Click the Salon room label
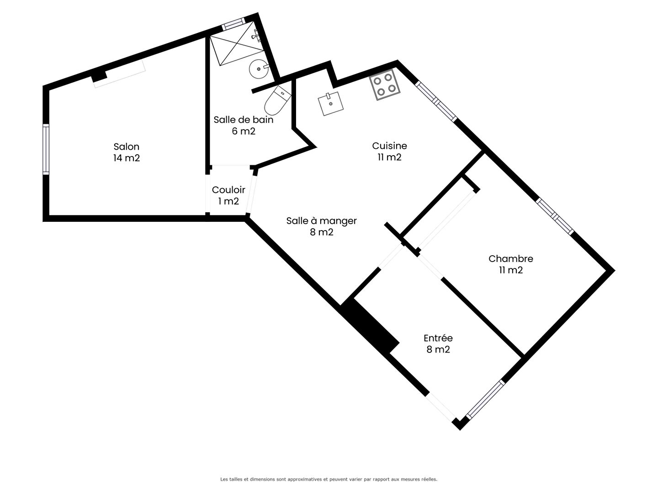126,147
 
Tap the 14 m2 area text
127,158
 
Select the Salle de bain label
244,120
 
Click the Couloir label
228,190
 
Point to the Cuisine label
389,146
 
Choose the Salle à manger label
321,221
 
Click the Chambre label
510,259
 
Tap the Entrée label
438,338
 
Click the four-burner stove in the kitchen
385,85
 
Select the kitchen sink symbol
331,104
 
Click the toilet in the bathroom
277,100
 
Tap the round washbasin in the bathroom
259,69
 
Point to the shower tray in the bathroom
237,49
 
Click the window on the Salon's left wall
46,149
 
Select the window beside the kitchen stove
436,101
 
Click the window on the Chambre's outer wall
555,216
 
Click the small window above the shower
233,24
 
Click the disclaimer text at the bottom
329,479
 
